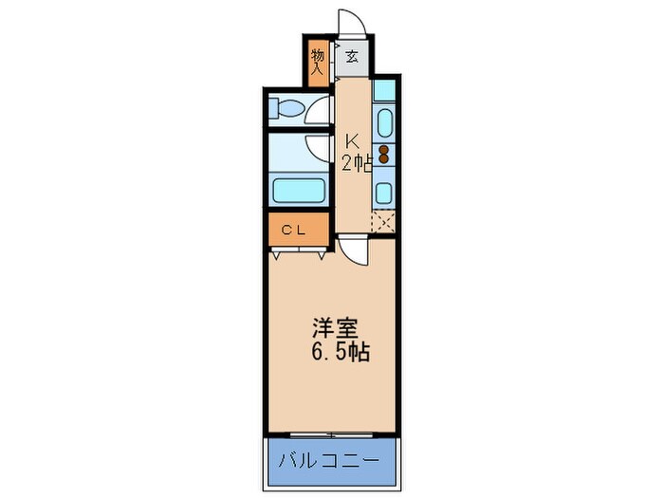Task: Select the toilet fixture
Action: point(288,109)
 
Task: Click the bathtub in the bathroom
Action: point(300,188)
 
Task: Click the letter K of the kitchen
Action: point(351,137)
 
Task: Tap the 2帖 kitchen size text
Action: point(356,162)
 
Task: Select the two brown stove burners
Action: point(384,155)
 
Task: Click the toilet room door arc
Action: point(318,102)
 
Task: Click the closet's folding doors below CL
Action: point(299,252)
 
